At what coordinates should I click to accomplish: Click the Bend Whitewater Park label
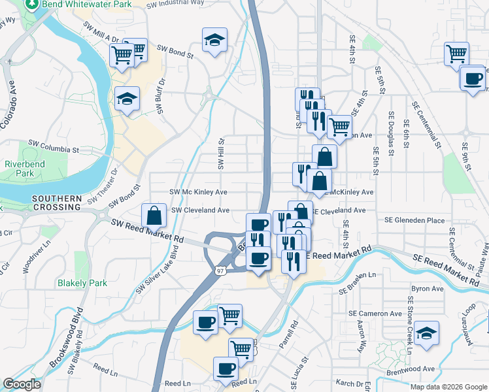(x=86, y=4)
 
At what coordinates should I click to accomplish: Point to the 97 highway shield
(x=221, y=269)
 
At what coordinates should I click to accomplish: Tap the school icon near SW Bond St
(x=214, y=40)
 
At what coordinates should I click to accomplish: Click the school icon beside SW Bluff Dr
(x=127, y=99)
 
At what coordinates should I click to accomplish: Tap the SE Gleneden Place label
(x=414, y=221)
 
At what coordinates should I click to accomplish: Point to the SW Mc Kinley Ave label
(x=198, y=192)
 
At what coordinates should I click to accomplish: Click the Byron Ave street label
(x=427, y=288)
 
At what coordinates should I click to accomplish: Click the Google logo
(x=22, y=384)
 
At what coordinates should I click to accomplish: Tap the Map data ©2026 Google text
(x=448, y=387)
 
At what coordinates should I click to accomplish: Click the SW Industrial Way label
(x=175, y=3)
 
